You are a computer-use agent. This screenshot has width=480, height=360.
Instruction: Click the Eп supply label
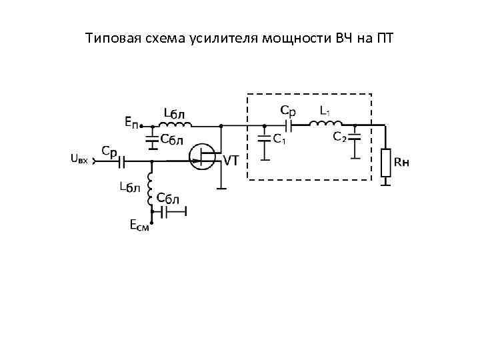[x=132, y=123]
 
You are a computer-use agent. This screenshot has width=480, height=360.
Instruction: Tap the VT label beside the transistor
[x=232, y=160]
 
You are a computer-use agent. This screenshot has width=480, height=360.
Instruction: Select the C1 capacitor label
[x=281, y=139]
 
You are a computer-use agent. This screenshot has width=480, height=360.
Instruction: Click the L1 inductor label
[x=326, y=109]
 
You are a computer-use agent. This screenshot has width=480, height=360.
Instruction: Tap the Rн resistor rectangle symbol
[x=385, y=163]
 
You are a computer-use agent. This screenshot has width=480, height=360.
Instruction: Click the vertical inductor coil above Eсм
[x=152, y=183]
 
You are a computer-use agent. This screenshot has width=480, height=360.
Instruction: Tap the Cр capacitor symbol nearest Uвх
[x=121, y=161]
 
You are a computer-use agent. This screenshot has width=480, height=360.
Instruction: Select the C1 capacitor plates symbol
[x=265, y=140]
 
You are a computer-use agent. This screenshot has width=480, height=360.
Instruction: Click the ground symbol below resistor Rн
[x=385, y=182]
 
